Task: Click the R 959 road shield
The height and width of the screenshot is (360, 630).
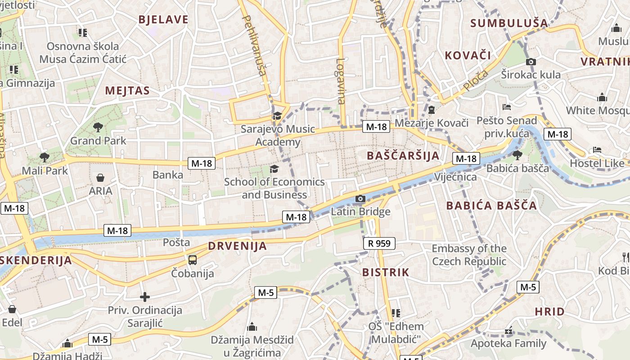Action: click(379, 243)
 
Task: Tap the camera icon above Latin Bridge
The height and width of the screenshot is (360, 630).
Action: click(360, 198)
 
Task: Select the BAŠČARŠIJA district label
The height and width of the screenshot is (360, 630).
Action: click(403, 156)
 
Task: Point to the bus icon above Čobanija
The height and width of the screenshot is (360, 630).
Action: click(193, 260)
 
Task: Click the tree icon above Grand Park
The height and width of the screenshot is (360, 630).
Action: click(98, 127)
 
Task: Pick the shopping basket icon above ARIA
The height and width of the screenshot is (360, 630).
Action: click(100, 178)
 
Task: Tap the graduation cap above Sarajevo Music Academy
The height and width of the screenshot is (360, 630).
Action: click(277, 116)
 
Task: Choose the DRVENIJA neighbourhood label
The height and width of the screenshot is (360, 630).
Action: click(237, 246)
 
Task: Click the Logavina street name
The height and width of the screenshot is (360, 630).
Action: click(341, 81)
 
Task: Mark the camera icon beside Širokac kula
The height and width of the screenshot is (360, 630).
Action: click(531, 62)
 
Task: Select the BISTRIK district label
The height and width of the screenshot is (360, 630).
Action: click(386, 272)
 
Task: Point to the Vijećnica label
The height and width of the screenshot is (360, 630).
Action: click(455, 177)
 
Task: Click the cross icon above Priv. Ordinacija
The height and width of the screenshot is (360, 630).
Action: click(144, 297)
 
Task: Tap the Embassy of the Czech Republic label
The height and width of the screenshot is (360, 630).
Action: click(469, 255)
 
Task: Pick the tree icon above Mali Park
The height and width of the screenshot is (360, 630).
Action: click(44, 157)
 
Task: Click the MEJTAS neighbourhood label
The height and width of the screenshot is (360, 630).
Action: click(127, 90)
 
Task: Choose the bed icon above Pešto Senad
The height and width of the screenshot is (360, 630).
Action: click(507, 107)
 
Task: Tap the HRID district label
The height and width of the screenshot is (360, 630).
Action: click(549, 311)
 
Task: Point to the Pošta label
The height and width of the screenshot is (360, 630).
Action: click(176, 243)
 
